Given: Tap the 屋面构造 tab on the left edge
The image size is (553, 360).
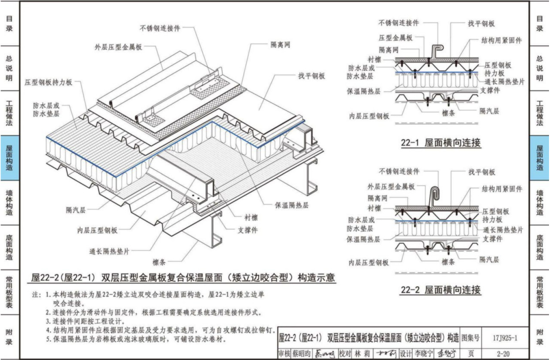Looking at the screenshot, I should [x=9, y=158].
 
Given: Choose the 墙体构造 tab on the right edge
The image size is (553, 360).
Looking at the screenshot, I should [x=540, y=203].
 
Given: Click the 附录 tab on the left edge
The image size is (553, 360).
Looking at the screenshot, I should [x=9, y=337].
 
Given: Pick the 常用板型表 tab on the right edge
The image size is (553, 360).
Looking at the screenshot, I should [x=540, y=292].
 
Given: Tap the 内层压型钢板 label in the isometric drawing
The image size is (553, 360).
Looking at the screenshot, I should [x=97, y=230].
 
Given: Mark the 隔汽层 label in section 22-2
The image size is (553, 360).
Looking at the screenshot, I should [x=489, y=259].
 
